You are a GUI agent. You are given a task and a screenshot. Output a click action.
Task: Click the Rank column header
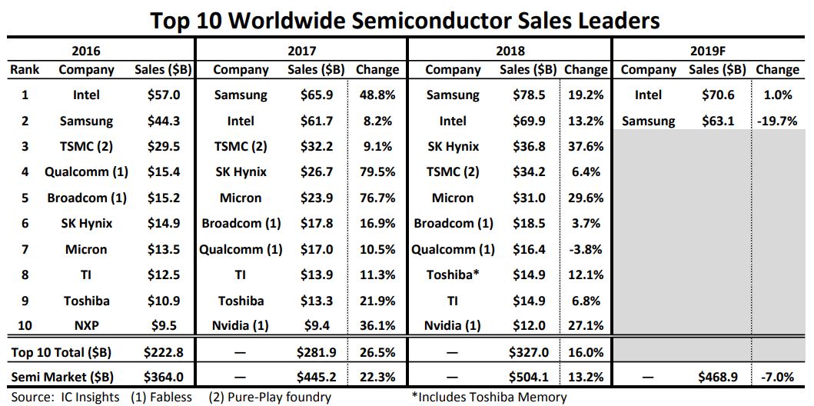point(25,69)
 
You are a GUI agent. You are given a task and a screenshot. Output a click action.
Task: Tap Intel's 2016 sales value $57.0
point(163,95)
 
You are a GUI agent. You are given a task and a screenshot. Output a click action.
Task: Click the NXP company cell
point(86,325)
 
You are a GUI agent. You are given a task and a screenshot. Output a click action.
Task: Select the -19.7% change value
point(777,121)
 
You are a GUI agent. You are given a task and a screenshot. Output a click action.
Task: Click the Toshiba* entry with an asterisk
point(453,275)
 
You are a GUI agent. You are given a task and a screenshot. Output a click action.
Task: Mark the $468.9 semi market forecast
point(717,378)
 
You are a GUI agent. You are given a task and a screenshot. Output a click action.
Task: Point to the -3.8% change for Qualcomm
point(586,249)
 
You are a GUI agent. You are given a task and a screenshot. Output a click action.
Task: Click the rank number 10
point(25,325)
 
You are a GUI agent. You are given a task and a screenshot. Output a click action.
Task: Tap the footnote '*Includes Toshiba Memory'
point(489,397)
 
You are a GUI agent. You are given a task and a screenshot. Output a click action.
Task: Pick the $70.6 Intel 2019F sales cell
point(717,95)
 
